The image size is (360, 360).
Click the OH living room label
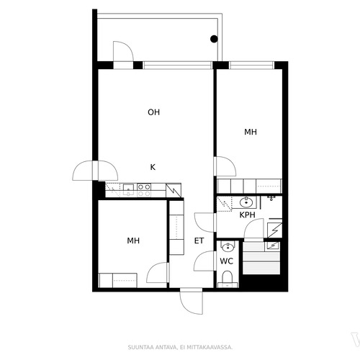153,112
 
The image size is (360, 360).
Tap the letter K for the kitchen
153,167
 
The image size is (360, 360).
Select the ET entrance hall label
199,240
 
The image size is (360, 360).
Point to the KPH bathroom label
247,215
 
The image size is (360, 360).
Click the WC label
227,261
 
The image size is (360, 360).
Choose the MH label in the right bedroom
251,132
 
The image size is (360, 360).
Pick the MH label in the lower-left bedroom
133,240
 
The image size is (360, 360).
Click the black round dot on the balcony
214,39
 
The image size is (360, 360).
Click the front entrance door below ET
192,302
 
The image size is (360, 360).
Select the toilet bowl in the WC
227,279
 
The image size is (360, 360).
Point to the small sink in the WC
228,247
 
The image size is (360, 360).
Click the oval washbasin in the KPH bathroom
246,202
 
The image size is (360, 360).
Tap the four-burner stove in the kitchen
144,190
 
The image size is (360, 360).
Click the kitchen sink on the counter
128,189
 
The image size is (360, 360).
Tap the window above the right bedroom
251,65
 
